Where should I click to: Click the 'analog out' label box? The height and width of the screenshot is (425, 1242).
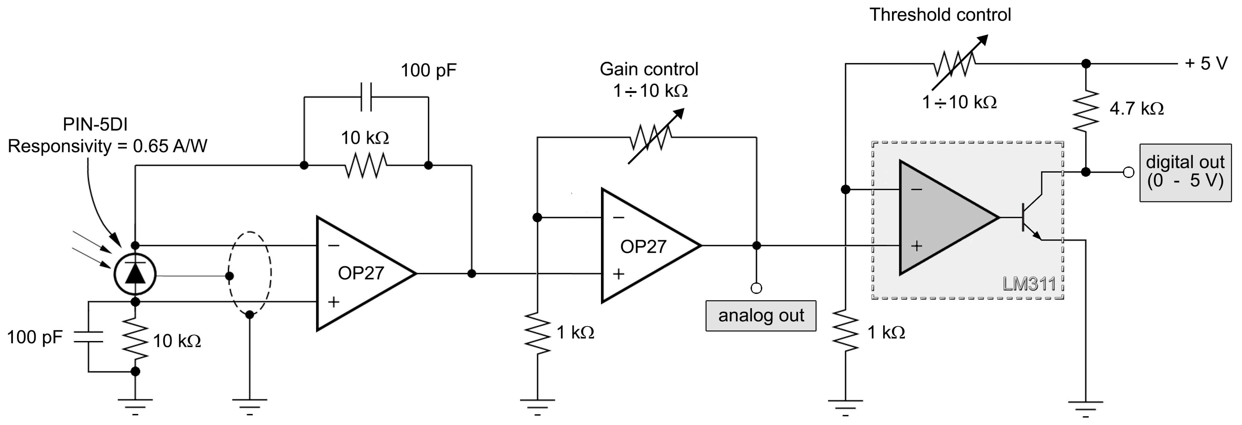[x=761, y=316]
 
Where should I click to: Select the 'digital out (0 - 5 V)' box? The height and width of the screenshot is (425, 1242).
[x=1185, y=172]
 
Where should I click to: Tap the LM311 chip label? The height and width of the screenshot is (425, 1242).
[x=1029, y=284]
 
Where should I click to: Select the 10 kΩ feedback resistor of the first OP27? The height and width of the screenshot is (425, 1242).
[x=366, y=165]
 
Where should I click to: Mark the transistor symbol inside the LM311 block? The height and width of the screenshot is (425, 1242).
[x=1029, y=218]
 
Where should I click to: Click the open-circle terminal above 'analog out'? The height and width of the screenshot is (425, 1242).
[x=757, y=288]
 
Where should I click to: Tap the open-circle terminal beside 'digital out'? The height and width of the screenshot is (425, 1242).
[x=1128, y=172]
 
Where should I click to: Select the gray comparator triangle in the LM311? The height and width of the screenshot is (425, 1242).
[x=940, y=218]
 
